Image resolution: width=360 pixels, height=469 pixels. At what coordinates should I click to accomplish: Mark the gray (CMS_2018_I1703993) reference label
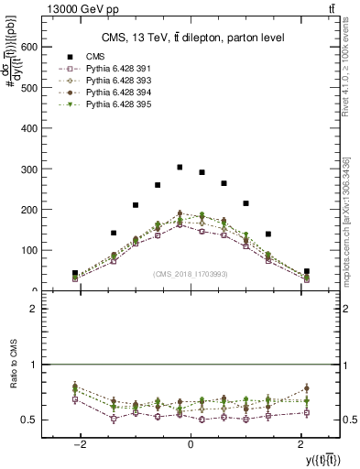point(191,273)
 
